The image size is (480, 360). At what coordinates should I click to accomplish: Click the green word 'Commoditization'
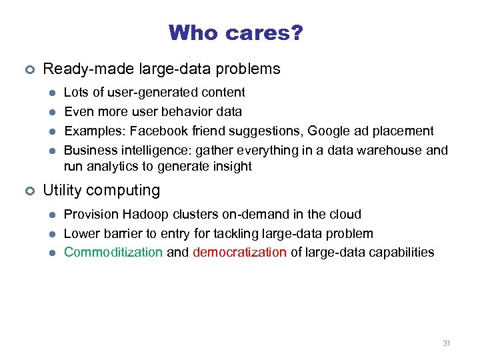[113, 253]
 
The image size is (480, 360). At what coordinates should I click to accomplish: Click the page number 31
[446, 343]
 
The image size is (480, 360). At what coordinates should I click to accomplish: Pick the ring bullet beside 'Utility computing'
[29, 191]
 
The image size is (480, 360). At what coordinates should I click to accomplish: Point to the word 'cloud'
[345, 215]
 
